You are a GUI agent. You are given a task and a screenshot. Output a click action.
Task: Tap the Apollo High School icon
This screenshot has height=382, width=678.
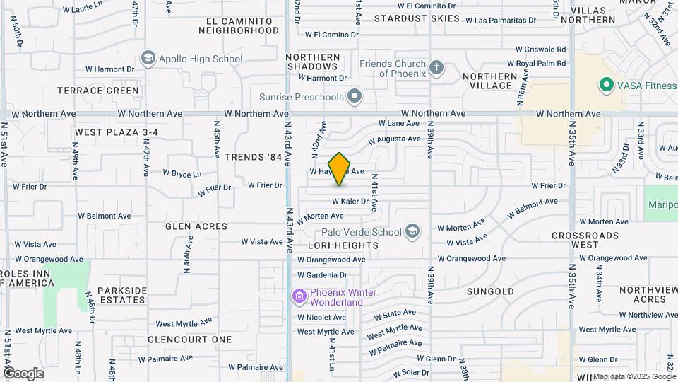[x=148, y=59]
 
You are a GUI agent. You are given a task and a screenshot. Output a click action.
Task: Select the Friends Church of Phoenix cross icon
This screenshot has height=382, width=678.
[x=436, y=69]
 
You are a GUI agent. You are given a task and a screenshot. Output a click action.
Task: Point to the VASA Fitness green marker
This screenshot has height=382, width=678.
[x=605, y=86]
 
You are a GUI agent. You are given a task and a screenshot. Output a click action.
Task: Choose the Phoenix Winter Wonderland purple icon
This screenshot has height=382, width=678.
[x=299, y=296]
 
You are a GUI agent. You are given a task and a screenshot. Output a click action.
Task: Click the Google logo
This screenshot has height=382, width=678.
[x=23, y=373]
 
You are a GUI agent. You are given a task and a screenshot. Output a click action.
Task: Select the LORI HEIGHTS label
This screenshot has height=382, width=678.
[x=343, y=245]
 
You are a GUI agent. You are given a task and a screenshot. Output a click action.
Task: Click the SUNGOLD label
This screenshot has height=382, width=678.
[x=490, y=291]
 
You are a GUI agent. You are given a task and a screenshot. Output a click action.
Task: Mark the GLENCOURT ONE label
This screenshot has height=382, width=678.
[x=190, y=340]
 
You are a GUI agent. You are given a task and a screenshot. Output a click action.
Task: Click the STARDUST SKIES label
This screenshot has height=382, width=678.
[x=417, y=18]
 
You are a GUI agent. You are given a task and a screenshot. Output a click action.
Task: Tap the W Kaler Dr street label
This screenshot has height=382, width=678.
[x=345, y=202]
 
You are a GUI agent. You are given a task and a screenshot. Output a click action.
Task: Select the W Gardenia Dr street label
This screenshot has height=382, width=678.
[x=322, y=275]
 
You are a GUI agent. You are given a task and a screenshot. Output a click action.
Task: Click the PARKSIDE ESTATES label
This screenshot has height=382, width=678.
[x=121, y=295]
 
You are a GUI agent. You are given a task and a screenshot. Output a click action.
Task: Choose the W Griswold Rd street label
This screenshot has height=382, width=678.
[x=541, y=50]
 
